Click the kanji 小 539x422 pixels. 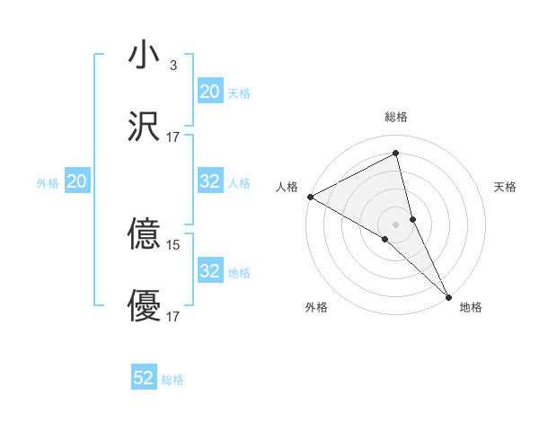(x=145, y=56)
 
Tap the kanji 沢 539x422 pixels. (x=145, y=127)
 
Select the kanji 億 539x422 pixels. (x=145, y=234)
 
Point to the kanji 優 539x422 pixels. (x=145, y=306)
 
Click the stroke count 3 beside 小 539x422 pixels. (x=172, y=66)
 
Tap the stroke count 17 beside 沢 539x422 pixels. (x=173, y=137)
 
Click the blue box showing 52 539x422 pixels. (x=144, y=379)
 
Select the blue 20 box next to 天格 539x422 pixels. (x=209, y=92)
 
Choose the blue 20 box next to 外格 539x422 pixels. (x=77, y=182)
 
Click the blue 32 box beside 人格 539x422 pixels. (x=209, y=182)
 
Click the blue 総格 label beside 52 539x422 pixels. (x=172, y=380)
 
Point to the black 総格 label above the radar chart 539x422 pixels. (x=396, y=117)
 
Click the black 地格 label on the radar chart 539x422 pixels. (x=471, y=307)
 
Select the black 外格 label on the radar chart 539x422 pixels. (x=316, y=307)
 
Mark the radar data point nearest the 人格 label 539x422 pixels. (x=310, y=197)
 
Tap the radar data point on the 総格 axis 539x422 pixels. (x=396, y=154)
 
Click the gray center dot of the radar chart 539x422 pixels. (x=396, y=224)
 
